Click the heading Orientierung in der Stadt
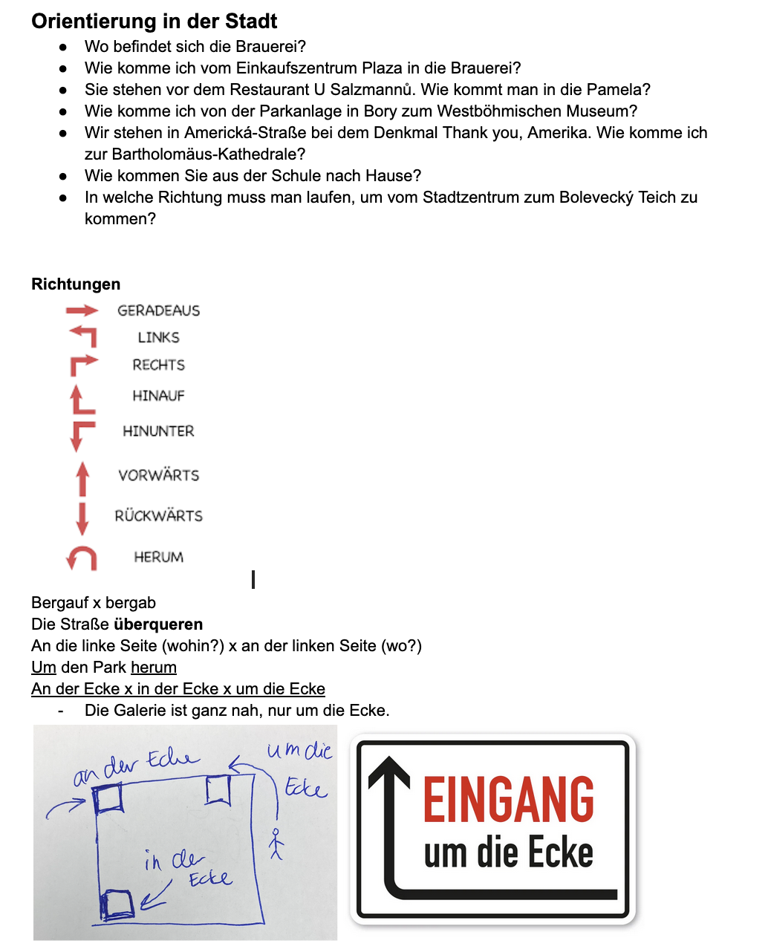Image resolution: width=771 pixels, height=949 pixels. coord(154,21)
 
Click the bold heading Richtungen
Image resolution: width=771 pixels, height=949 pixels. coord(76,284)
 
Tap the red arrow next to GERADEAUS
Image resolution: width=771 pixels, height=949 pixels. coord(82,310)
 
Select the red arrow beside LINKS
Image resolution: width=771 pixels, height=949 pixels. coord(83,336)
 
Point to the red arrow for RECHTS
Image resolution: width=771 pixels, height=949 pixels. coord(83,364)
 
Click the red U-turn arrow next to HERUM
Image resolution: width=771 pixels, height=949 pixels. coord(82,558)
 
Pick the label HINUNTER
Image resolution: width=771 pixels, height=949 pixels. coord(158,431)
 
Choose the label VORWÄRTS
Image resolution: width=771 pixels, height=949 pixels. coord(159,475)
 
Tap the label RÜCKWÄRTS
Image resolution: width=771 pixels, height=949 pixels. coord(158,516)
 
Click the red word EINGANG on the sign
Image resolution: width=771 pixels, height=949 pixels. coord(509,800)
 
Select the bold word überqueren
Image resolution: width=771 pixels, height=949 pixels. coord(158,624)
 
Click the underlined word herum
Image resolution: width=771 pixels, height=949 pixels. coord(154,668)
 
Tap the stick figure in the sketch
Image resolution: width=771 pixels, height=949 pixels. coord(276,844)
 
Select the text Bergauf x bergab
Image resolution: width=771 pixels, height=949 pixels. coord(94,603)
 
